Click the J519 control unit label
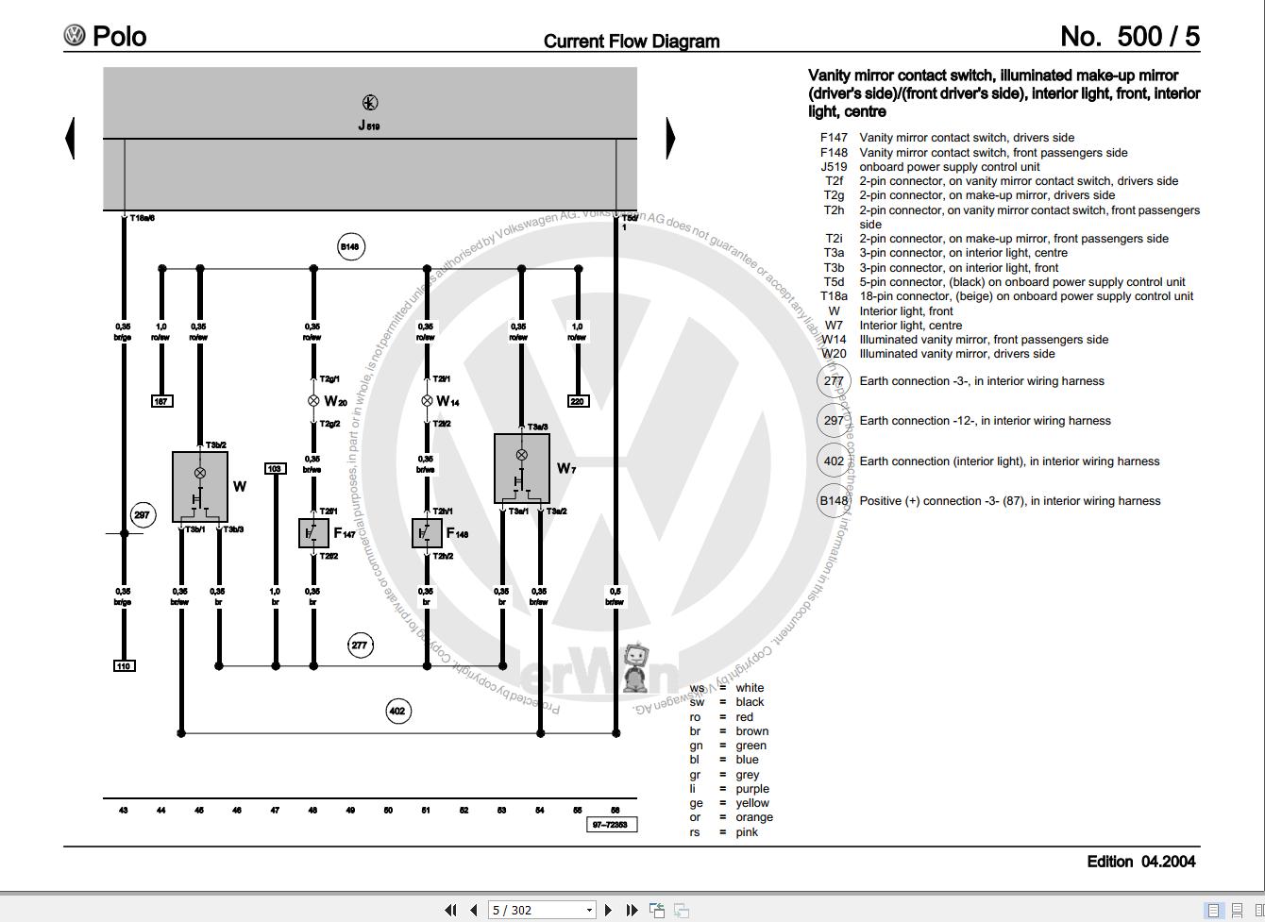[369, 126]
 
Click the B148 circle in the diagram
[350, 247]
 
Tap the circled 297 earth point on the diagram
[142, 514]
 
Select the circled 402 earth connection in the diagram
[398, 711]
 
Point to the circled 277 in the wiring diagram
[360, 645]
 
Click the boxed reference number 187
[161, 401]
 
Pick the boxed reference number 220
[578, 401]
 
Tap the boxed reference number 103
[275, 468]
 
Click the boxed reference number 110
[124, 665]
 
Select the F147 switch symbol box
[313, 533]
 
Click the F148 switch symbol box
[427, 533]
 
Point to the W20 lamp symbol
[313, 401]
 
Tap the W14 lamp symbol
[427, 401]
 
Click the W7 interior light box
[521, 468]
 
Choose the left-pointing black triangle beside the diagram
[70, 138]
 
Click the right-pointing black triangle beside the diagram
[670, 138]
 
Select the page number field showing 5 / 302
[541, 910]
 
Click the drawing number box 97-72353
[612, 825]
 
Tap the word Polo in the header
[120, 36]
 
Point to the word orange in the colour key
[753, 817]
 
